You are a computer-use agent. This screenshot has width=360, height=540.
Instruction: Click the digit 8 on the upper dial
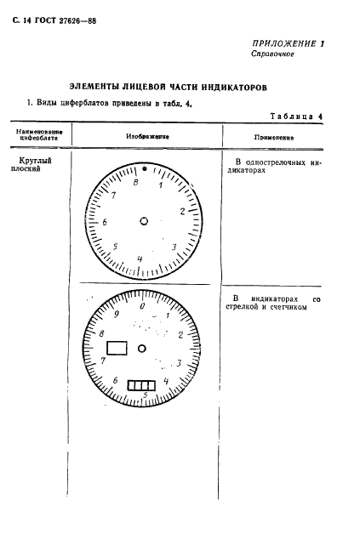pyautogui.click(x=135, y=181)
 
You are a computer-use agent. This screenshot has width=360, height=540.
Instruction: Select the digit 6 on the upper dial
pyautogui.click(x=105, y=223)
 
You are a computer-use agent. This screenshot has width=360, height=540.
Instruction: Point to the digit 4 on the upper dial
pyautogui.click(x=140, y=259)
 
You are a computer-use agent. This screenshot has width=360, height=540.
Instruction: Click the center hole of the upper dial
pyautogui.click(x=143, y=219)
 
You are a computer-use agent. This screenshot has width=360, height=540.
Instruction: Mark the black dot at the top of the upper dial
pyautogui.click(x=144, y=169)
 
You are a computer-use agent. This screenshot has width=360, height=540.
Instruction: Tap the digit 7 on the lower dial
pyautogui.click(x=104, y=361)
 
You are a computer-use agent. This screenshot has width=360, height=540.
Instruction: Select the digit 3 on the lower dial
pyautogui.click(x=178, y=363)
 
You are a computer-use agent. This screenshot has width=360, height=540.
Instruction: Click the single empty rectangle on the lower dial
pyautogui.click(x=116, y=349)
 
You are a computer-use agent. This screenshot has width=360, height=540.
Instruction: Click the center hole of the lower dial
pyautogui.click(x=143, y=347)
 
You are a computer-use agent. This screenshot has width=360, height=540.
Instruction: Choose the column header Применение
pyautogui.click(x=274, y=136)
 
